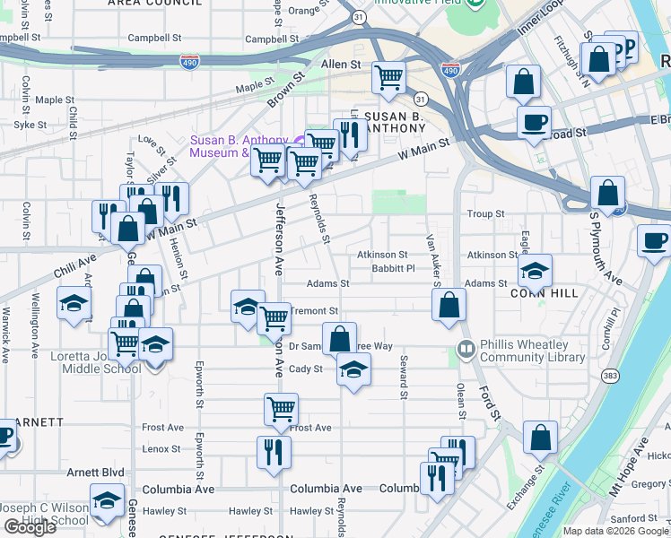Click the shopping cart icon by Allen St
point(388,78)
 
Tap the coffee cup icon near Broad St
point(534,122)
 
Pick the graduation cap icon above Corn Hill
point(535,270)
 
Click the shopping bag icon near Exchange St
point(541,438)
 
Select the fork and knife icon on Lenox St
point(274,453)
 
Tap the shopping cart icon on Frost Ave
point(282,409)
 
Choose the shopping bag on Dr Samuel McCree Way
point(340,340)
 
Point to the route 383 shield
point(612,374)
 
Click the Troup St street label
point(485,213)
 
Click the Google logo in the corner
point(30,527)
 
